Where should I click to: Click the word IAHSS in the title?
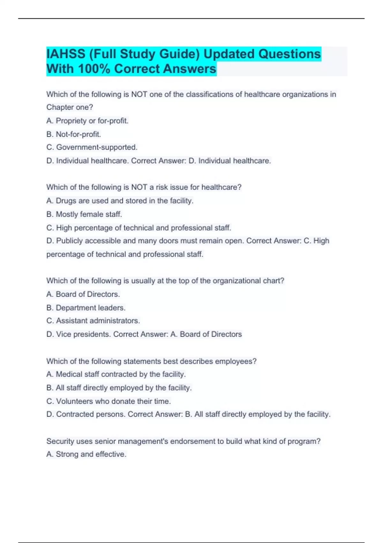pyautogui.click(x=66, y=54)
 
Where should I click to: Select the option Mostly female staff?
pyautogui.click(x=84, y=214)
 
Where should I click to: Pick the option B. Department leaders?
pyautogui.click(x=86, y=308)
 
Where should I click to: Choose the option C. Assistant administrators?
pyautogui.click(x=93, y=321)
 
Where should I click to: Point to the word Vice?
pyautogui.click(x=64, y=334)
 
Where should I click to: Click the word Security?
pyautogui.click(x=60, y=441)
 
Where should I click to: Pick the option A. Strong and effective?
pyautogui.click(x=86, y=454)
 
